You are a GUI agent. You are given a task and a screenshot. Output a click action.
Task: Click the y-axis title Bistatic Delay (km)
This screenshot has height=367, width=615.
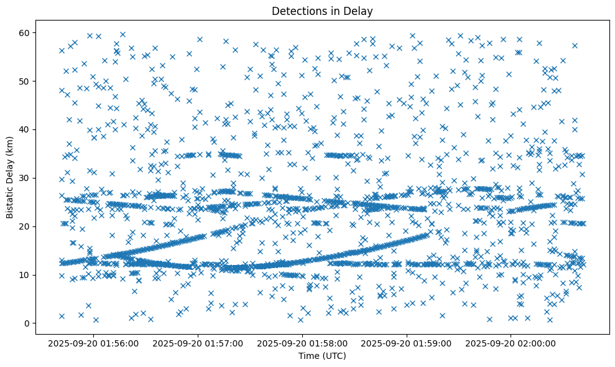pos(11,176)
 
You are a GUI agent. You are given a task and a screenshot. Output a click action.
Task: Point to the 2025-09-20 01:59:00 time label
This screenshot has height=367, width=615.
pos(407,343)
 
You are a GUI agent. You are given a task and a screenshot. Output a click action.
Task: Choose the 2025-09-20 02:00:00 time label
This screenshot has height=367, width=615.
pos(512,343)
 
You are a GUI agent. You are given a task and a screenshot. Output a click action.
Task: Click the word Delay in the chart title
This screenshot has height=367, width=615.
pos(360,11)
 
